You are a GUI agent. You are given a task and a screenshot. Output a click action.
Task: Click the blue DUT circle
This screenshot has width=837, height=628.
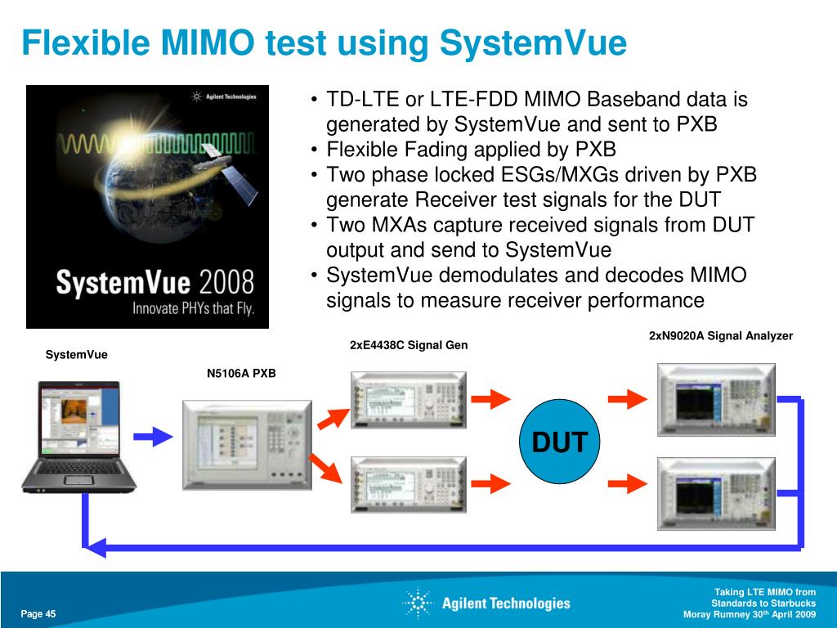(560, 442)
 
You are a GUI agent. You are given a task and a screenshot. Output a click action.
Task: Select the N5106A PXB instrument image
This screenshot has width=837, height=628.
(246, 445)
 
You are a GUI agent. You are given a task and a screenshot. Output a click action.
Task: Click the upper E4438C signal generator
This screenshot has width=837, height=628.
(408, 399)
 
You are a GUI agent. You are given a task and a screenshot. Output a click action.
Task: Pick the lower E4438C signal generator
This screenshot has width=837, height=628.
(408, 484)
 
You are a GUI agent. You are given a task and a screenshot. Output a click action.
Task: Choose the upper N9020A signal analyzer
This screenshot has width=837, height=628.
(716, 399)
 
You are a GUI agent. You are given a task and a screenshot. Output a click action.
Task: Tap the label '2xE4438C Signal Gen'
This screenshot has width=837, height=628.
(409, 345)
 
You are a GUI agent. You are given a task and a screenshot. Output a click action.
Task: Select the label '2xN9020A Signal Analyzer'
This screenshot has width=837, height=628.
(721, 336)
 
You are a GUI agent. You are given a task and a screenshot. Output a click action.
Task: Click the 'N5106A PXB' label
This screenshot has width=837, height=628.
(241, 374)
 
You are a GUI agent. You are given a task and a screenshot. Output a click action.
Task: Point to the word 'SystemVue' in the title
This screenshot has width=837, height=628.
(533, 43)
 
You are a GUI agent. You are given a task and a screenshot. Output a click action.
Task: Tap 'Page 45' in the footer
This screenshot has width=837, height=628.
(38, 614)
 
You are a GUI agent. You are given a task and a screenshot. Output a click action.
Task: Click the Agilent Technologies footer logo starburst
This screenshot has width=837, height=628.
(418, 603)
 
